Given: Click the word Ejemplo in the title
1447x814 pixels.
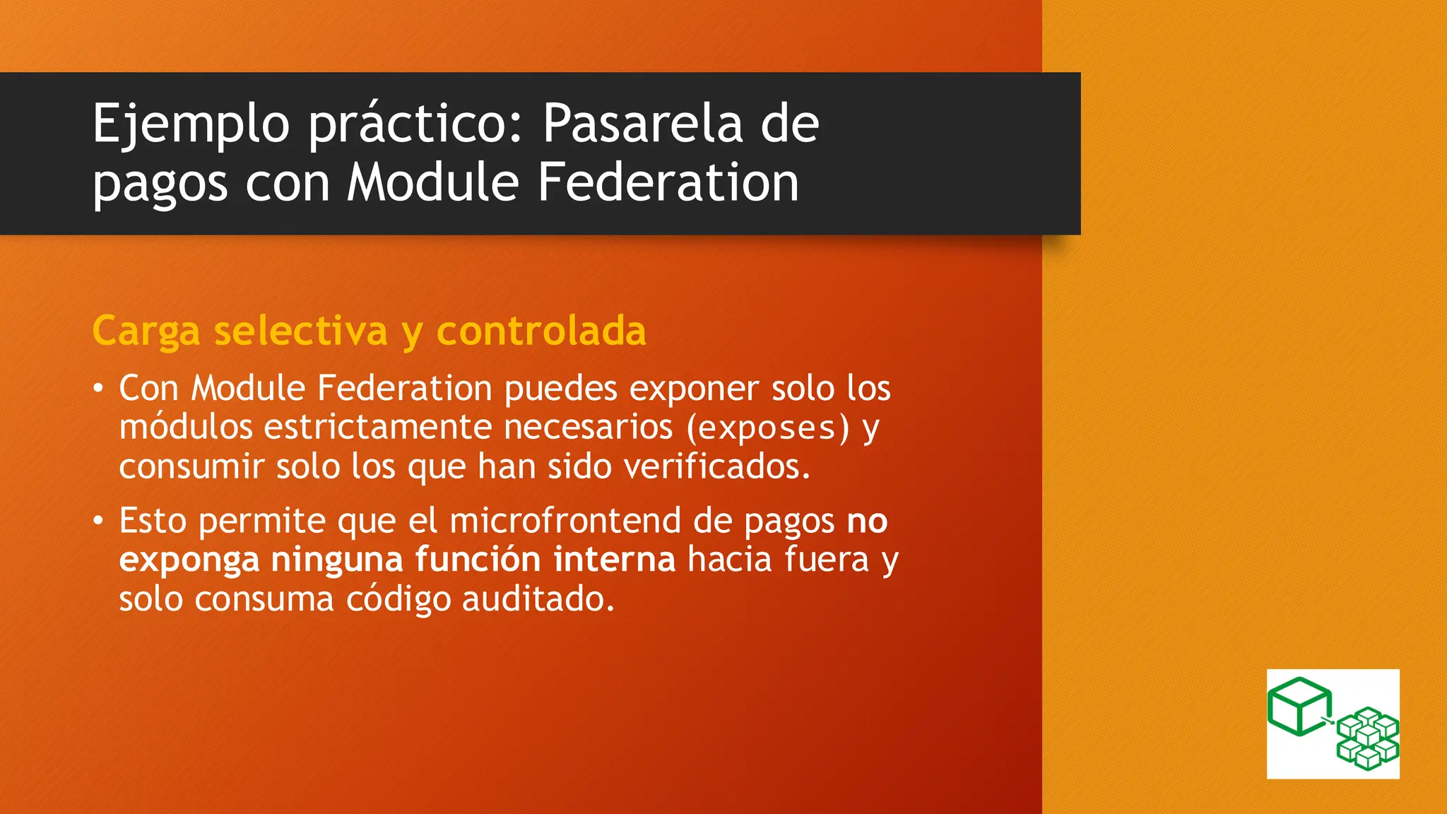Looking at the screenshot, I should [x=191, y=125].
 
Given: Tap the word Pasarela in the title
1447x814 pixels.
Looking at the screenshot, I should [x=642, y=124].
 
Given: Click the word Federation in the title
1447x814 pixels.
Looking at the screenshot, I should [x=668, y=182].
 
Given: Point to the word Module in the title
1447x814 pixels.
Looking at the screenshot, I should [x=432, y=182].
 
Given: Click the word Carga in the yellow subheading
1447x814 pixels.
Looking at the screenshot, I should [x=146, y=331].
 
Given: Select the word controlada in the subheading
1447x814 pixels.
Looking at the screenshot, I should [x=541, y=331].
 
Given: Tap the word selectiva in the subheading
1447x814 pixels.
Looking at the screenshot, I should [x=301, y=331].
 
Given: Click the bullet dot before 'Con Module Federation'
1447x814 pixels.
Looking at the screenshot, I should [x=99, y=389].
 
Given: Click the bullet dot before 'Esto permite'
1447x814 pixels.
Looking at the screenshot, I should [x=99, y=521].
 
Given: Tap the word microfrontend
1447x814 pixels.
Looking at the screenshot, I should [x=565, y=521].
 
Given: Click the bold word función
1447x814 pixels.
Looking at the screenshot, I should [x=478, y=560].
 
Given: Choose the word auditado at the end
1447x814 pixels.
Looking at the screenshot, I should [x=538, y=599].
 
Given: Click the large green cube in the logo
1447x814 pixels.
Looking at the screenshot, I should [x=1299, y=706].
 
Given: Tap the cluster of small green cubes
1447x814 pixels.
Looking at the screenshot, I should [x=1367, y=738].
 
